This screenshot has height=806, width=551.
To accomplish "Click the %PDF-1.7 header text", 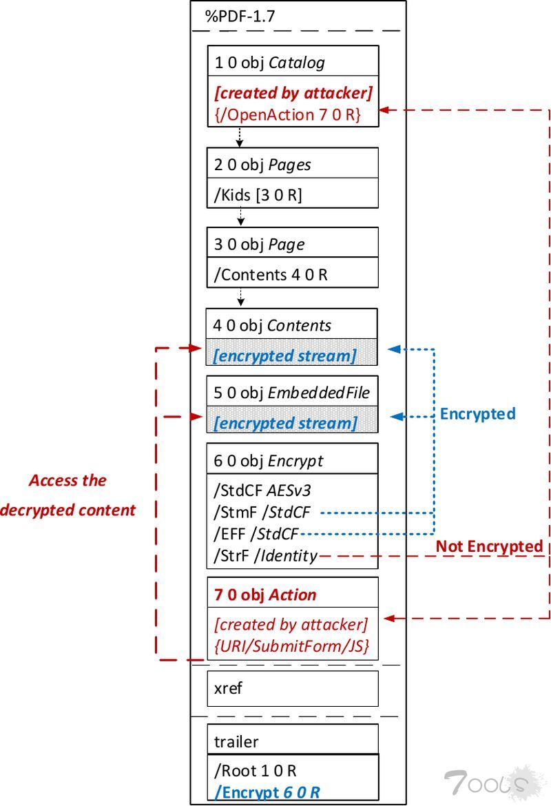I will coord(240,17).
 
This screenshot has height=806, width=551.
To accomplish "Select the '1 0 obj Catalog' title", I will coord(269,63).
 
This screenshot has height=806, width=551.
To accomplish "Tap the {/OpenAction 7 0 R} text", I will coord(288,114).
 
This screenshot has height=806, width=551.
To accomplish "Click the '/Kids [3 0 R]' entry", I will coord(258,195).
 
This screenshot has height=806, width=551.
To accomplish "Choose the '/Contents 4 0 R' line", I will coord(271,275).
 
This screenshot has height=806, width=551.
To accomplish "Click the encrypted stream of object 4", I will coord(284,355).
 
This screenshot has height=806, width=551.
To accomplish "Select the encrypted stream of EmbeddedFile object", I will coord(284,422).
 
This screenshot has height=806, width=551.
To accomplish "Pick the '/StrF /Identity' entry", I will coord(266,555).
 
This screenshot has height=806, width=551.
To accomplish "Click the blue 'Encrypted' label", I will coord(477,413).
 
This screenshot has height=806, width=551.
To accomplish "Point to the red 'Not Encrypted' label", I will coord(489,546).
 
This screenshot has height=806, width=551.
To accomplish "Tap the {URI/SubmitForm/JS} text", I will coord(291,646).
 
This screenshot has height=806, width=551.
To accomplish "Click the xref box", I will coord(292,688).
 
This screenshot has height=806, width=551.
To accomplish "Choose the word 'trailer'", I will coord(236,742).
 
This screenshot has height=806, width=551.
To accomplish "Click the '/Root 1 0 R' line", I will coord(255,771).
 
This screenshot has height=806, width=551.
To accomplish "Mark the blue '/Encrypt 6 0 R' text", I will coord(267,792).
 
